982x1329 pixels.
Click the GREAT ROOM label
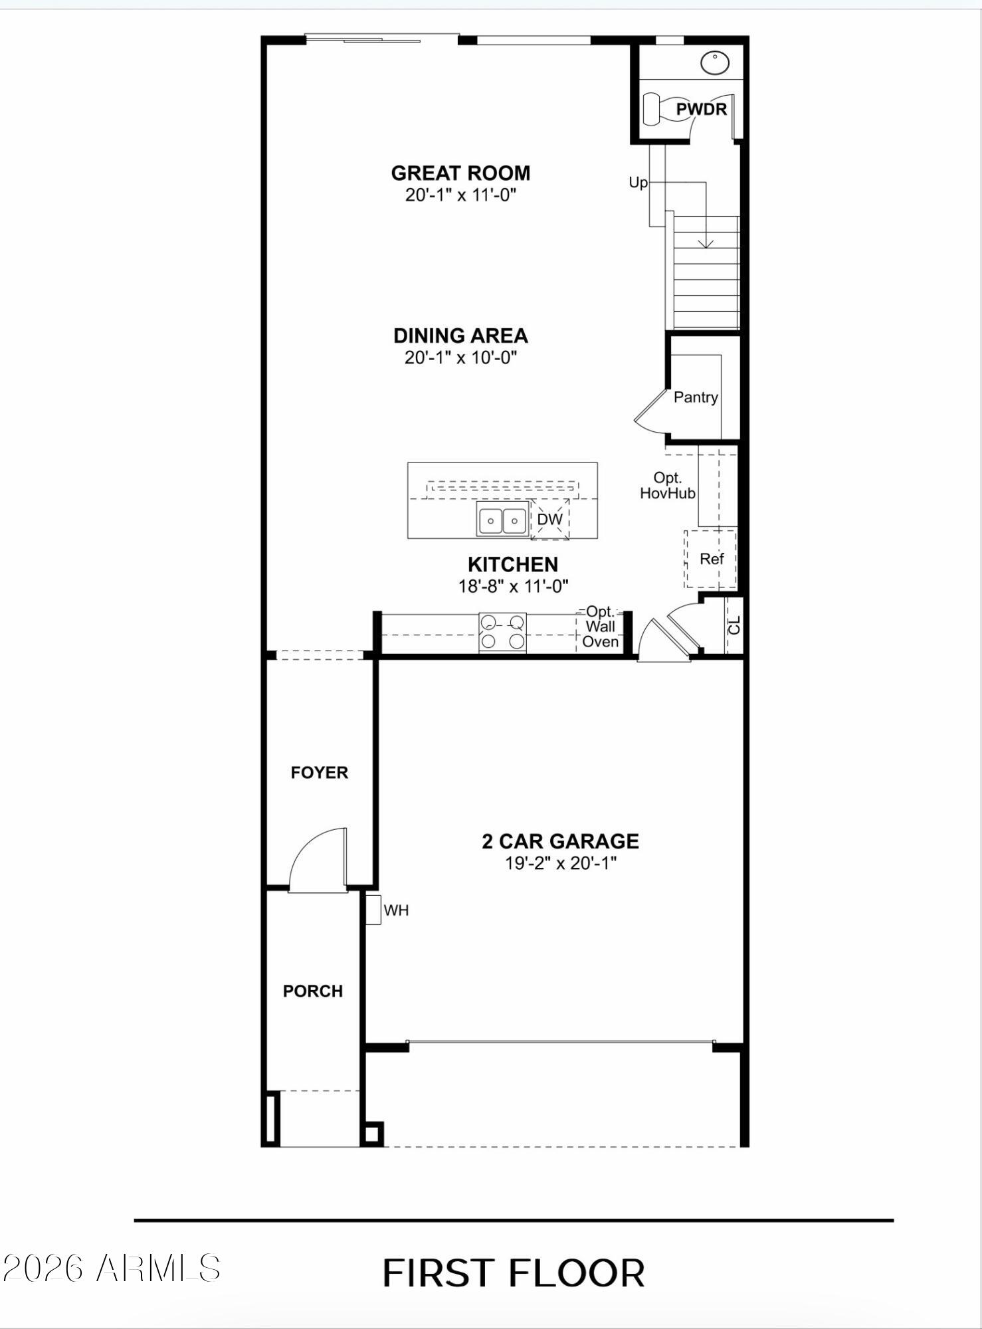pyautogui.click(x=460, y=173)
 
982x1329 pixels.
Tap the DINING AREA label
pyautogui.click(x=460, y=336)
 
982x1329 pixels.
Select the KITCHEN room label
pyautogui.click(x=512, y=564)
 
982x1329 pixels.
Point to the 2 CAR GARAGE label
pyautogui.click(x=560, y=841)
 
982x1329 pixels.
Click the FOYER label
pyautogui.click(x=319, y=772)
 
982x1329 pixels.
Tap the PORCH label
pyautogui.click(x=313, y=991)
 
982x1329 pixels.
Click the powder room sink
pyautogui.click(x=715, y=63)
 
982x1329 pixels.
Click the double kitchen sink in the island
pyautogui.click(x=503, y=520)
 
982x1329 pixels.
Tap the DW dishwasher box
pyautogui.click(x=550, y=519)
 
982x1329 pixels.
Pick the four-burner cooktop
pyautogui.click(x=502, y=632)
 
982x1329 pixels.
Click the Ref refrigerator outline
pyautogui.click(x=710, y=559)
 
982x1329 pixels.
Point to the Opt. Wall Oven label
pyautogui.click(x=600, y=626)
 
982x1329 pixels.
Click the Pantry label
pyautogui.click(x=696, y=397)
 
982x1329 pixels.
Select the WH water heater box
pyautogui.click(x=373, y=910)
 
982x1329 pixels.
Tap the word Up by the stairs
pyautogui.click(x=638, y=183)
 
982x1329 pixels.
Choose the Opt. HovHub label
pyautogui.click(x=668, y=486)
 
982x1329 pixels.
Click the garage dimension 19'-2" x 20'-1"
pyautogui.click(x=561, y=863)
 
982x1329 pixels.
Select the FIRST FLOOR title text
pyautogui.click(x=514, y=1273)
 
